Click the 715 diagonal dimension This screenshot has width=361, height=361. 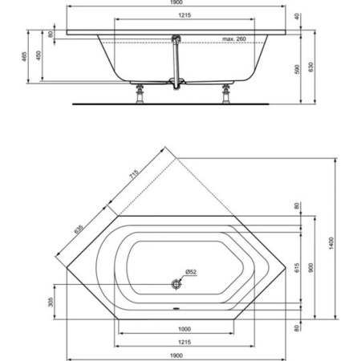pos(133,176)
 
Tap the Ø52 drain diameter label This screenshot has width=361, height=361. pos(190,272)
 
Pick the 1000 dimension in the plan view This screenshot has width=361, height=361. pos(184,329)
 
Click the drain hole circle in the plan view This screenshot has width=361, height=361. pos(176,283)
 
